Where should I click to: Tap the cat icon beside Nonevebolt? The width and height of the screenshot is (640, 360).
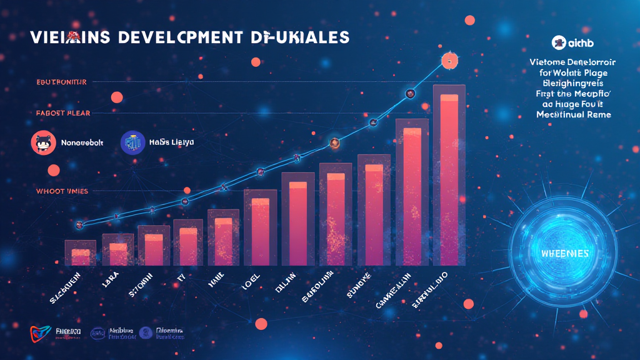tap(42, 142)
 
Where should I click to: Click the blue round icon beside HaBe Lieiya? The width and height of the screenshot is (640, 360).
tap(131, 142)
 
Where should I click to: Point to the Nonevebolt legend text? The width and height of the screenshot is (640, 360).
tap(82, 143)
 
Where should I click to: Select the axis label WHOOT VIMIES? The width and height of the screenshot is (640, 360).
tap(62, 191)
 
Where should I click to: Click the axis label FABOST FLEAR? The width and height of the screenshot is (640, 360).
tap(63, 113)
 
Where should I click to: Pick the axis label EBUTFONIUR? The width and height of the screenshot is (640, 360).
tap(61, 82)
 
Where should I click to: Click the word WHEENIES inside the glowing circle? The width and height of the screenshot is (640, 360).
tap(566, 254)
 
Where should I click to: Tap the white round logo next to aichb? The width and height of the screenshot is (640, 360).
tap(559, 42)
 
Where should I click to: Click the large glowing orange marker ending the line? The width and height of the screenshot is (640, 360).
tap(448, 61)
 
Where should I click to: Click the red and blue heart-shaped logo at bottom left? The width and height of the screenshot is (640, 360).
tap(39, 334)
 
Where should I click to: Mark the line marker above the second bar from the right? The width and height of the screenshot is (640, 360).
tap(410, 93)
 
